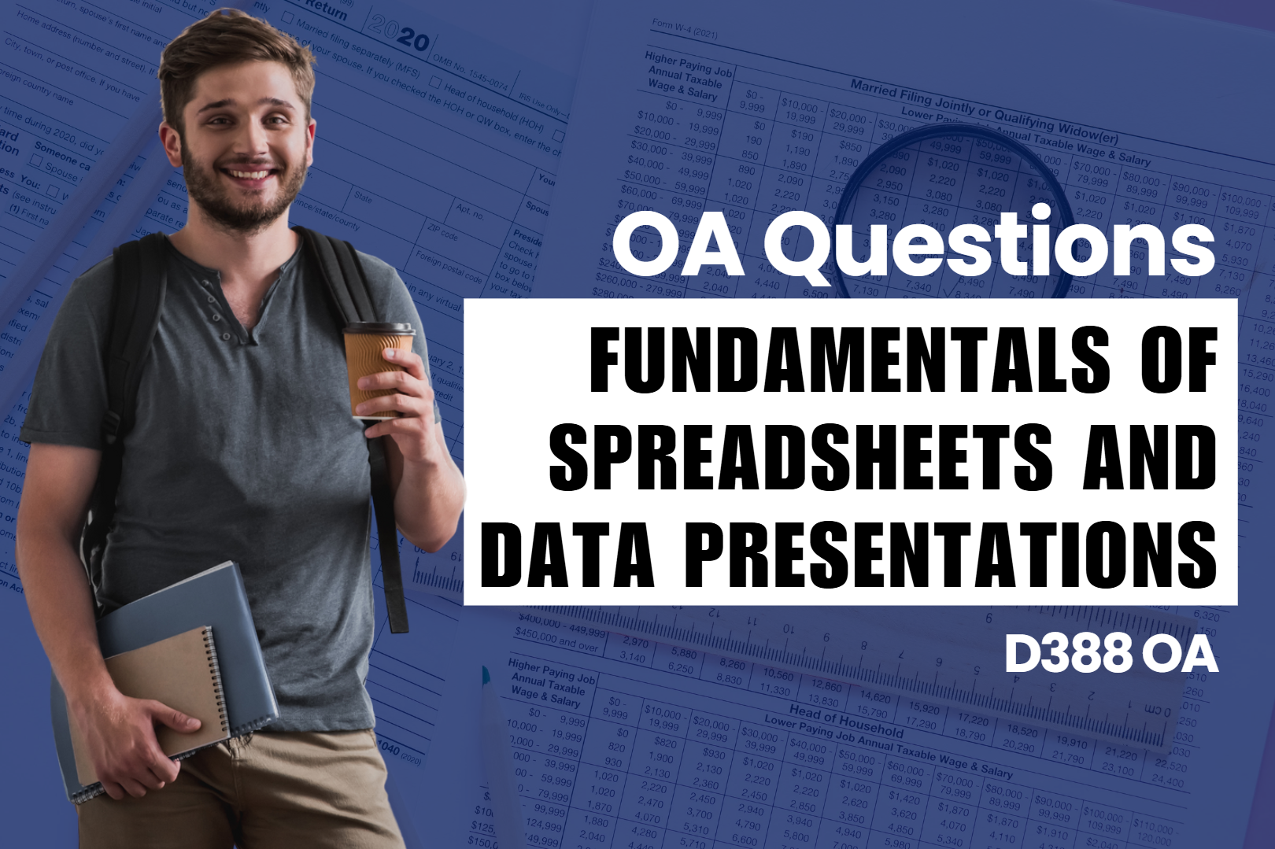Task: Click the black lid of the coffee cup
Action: [x=379, y=329]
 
